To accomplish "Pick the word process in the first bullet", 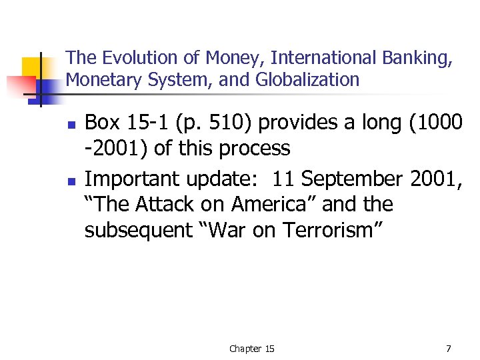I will pyautogui.click(x=255, y=148).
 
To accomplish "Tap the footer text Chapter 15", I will pyautogui.click(x=251, y=349).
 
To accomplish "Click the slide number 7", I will pyautogui.click(x=448, y=348).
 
